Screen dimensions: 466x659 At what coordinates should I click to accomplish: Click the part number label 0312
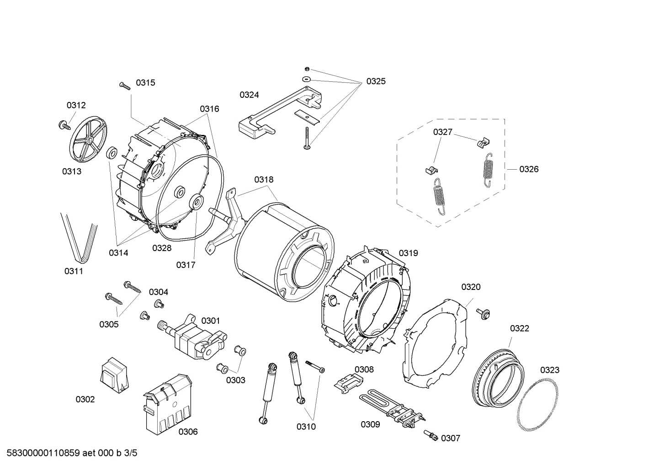tap(76, 105)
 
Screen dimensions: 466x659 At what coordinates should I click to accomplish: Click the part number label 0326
tap(529, 169)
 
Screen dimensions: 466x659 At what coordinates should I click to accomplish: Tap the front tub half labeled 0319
tap(366, 302)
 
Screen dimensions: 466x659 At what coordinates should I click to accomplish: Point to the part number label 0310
tap(306, 427)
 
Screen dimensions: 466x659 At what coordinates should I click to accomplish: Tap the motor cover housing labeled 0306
tap(167, 402)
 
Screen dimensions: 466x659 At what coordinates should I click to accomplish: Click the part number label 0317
tap(186, 265)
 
